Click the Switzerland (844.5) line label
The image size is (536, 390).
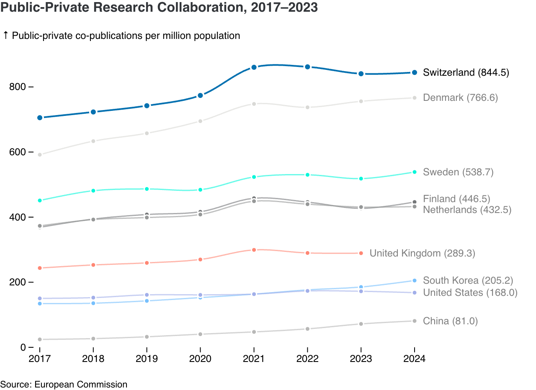[x=466, y=72]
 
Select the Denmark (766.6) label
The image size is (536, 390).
[x=460, y=97]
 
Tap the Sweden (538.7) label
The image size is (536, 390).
[x=458, y=172]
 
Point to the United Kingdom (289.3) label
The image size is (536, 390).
[x=422, y=253]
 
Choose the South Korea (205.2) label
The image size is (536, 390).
[x=468, y=280]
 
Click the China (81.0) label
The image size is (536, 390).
[x=450, y=321]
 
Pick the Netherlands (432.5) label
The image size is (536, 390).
[x=467, y=210]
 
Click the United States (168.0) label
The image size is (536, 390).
[x=470, y=292]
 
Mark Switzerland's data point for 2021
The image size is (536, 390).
[x=254, y=67]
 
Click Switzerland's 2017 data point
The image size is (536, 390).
[x=40, y=118]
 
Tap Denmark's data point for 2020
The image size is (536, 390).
[x=200, y=121]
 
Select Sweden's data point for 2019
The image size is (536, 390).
[x=147, y=189]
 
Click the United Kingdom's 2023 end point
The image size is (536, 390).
[x=361, y=253]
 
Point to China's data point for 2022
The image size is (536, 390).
[x=307, y=329]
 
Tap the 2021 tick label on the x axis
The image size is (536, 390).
[x=254, y=359]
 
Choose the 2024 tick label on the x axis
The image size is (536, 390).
[x=415, y=359]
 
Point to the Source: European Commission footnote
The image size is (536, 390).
[x=64, y=384]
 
